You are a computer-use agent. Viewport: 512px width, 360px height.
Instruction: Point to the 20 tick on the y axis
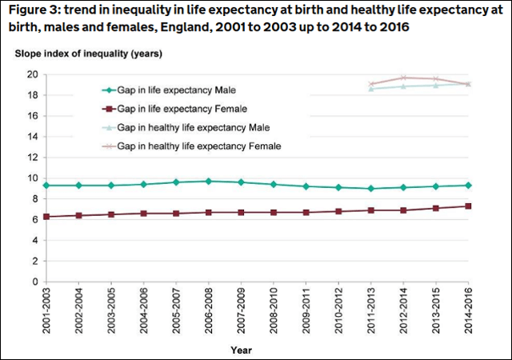pyautogui.click(x=33, y=74)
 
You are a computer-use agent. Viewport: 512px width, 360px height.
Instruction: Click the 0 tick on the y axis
pyautogui.click(x=36, y=282)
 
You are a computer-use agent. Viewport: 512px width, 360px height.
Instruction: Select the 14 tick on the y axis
pyautogui.click(x=33, y=137)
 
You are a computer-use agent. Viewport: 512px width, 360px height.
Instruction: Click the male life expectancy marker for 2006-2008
pyautogui.click(x=209, y=181)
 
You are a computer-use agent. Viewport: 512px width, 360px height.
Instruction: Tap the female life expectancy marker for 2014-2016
pyautogui.click(x=468, y=206)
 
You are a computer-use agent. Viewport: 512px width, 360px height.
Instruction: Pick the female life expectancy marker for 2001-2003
pyautogui.click(x=47, y=217)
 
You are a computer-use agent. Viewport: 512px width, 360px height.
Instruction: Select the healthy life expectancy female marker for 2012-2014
pyautogui.click(x=403, y=78)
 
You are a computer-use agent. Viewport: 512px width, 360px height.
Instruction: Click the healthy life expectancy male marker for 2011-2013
pyautogui.click(x=371, y=89)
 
